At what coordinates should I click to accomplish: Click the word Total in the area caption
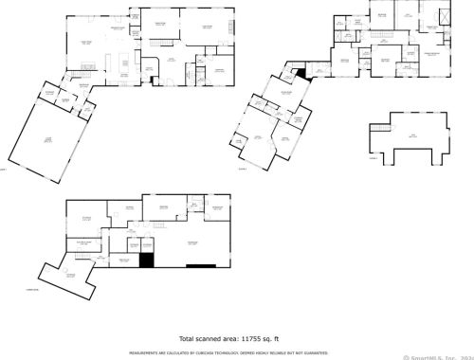(191, 337)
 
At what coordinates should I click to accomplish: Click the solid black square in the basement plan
(147, 261)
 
